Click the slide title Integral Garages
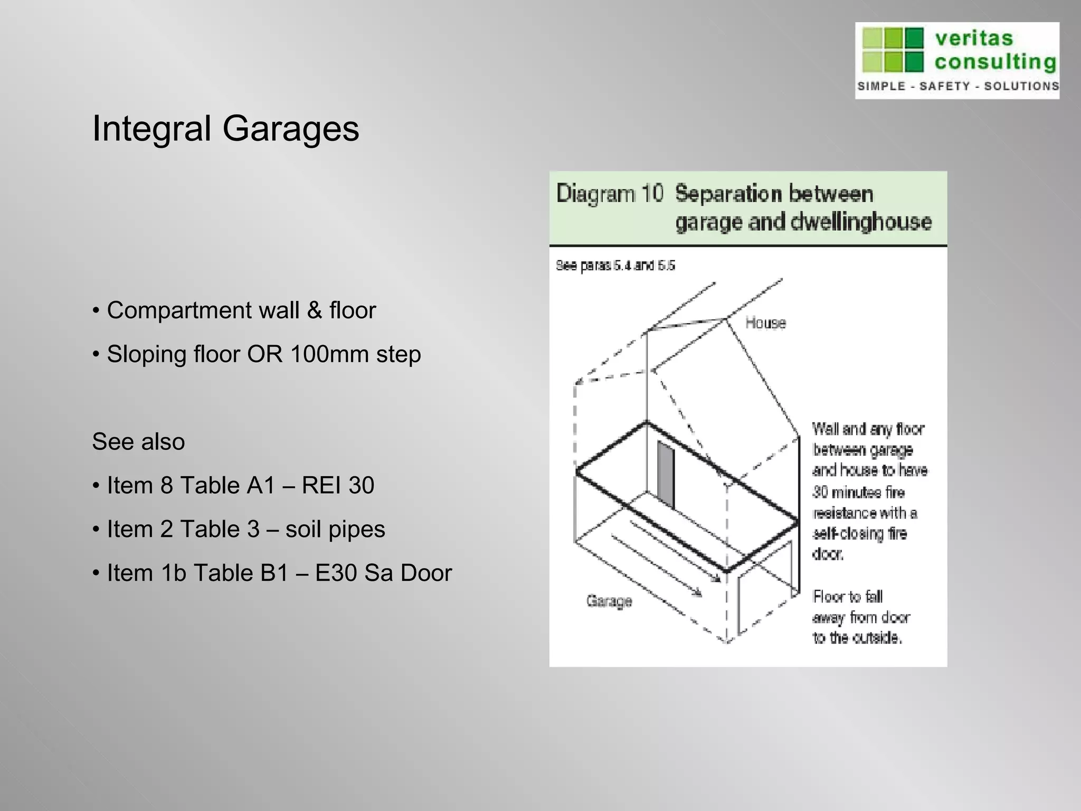[x=225, y=129]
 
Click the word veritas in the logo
[x=974, y=39]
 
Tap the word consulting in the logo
[x=995, y=62]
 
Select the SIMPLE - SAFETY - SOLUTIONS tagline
[x=957, y=86]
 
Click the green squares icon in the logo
[x=893, y=50]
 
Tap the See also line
[x=138, y=442]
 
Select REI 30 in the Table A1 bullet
[x=338, y=486]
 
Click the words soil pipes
[x=335, y=530]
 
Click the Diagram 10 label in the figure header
[x=609, y=194]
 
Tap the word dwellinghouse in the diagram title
[x=861, y=222]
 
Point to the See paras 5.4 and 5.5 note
[x=615, y=266]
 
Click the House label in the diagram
[x=765, y=323]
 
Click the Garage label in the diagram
[x=609, y=601]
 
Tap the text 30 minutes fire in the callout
[x=858, y=493]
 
